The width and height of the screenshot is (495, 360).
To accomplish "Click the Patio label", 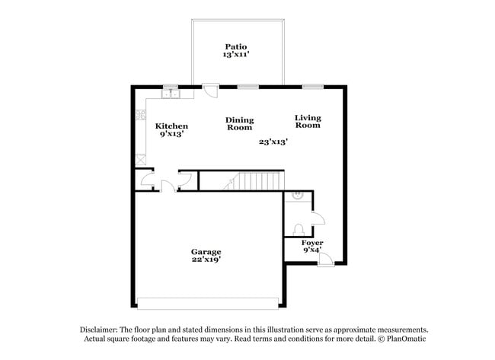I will tap(236, 46).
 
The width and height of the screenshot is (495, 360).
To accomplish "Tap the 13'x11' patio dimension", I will tap(236, 55).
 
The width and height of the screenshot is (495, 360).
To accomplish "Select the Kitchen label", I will tap(171, 126).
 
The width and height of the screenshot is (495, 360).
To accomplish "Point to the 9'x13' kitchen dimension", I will tap(171, 134).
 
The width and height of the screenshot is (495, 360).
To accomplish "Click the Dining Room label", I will tap(240, 124).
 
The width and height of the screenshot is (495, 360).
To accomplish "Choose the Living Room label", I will tap(308, 121).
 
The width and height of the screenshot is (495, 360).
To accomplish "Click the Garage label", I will tap(206, 252).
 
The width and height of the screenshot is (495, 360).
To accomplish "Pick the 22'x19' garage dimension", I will tap(206, 260).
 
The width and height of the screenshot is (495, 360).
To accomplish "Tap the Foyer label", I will tap(312, 243).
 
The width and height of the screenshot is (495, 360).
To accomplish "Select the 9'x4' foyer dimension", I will tap(312, 250).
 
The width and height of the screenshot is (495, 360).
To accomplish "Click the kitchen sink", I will tap(169, 94).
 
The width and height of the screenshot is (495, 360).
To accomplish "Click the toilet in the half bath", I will tap(299, 228).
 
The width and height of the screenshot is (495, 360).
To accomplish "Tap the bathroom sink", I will tap(299, 196).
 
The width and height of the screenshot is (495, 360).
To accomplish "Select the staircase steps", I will tap(255, 181).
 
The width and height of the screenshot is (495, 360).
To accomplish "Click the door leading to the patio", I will tap(210, 90).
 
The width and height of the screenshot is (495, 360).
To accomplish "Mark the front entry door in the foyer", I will tap(325, 260).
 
